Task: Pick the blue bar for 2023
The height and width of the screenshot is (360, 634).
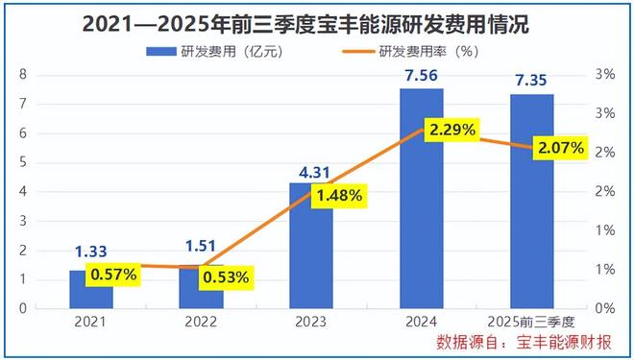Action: coord(311,250)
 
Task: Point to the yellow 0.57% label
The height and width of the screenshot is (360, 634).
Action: coord(114,276)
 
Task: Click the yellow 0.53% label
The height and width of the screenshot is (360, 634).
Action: coord(225,278)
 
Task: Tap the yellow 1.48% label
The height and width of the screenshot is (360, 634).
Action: coord(335,196)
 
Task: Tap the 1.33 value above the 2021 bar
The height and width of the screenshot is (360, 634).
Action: coord(91,252)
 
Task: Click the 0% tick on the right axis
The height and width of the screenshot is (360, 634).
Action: coord(603,308)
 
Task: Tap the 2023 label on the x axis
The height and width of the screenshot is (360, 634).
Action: coord(311,324)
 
